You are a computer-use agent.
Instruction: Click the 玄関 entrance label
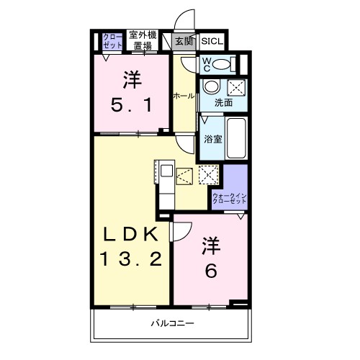tap(184, 41)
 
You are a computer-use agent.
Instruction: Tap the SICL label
tap(212, 41)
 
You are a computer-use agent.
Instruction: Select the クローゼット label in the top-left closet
tap(112, 40)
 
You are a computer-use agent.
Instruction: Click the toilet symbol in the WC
tap(225, 65)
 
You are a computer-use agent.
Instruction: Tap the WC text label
tap(206, 64)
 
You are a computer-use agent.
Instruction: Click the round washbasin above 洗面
tap(210, 88)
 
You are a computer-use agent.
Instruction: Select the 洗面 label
tap(223, 103)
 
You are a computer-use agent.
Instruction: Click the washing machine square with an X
tap(235, 88)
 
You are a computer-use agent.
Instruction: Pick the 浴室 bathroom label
tap(212, 137)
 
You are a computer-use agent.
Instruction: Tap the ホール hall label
tap(183, 96)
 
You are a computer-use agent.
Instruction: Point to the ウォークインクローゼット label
tap(229, 199)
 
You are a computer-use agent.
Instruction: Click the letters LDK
tap(131, 235)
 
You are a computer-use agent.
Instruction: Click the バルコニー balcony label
tap(173, 324)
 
